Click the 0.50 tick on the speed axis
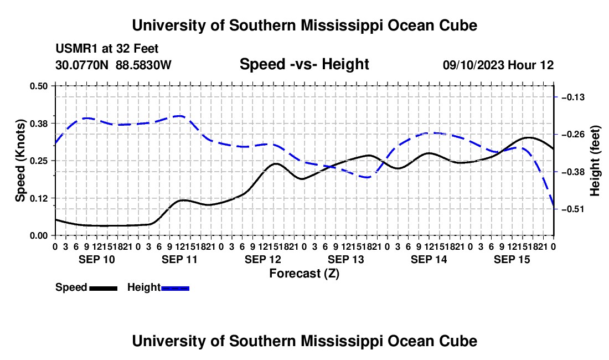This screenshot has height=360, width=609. pos(38,86)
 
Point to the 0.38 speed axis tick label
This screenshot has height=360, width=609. pos(38,124)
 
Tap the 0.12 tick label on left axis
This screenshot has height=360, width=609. pos(38,198)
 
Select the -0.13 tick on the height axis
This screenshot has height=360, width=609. pos(573,97)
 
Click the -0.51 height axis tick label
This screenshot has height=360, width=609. pos(573,209)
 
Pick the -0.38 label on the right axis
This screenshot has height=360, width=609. pos(573,172)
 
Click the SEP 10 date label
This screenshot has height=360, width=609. pos(97,259)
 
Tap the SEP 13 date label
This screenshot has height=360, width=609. pos(345,259)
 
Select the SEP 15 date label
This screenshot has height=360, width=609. pos(512,259)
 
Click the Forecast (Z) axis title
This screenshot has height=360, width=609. pos(304,274)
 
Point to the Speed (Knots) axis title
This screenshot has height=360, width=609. pos(20,161)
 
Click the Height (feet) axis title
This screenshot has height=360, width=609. pos(595,161)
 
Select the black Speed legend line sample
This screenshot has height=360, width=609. pos(104,288)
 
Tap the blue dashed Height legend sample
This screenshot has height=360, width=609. pos(175,288)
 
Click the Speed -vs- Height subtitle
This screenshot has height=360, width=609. pos(304,64)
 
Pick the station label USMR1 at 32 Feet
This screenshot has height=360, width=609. pos(107,49)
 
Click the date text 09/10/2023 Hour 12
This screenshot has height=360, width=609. pos(498,65)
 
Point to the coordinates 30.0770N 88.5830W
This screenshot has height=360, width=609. pos(113,65)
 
